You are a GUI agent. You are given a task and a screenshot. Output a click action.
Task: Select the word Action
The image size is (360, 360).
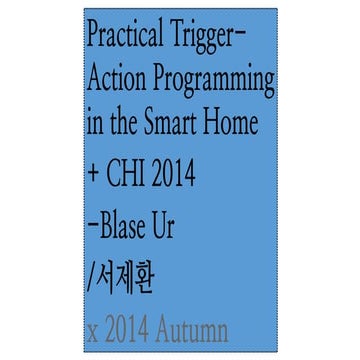pyautogui.click(x=115, y=78)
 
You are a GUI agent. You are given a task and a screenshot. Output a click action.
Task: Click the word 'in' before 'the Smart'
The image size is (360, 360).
pyautogui.click(x=97, y=124)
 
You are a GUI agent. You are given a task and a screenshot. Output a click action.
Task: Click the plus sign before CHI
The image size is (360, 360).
pyautogui.click(x=96, y=177)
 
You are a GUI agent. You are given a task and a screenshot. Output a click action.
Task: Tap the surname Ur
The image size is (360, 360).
pyautogui.click(x=167, y=227)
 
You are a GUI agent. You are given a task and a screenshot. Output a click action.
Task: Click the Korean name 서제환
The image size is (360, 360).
pyautogui.click(x=124, y=275)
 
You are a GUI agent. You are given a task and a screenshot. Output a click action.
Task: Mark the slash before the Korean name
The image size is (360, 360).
pyautogui.click(x=92, y=275)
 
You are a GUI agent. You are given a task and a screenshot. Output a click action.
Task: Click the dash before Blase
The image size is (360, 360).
pyautogui.click(x=95, y=228)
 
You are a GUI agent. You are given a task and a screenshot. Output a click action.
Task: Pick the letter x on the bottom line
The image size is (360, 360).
pyautogui.click(x=95, y=330)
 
